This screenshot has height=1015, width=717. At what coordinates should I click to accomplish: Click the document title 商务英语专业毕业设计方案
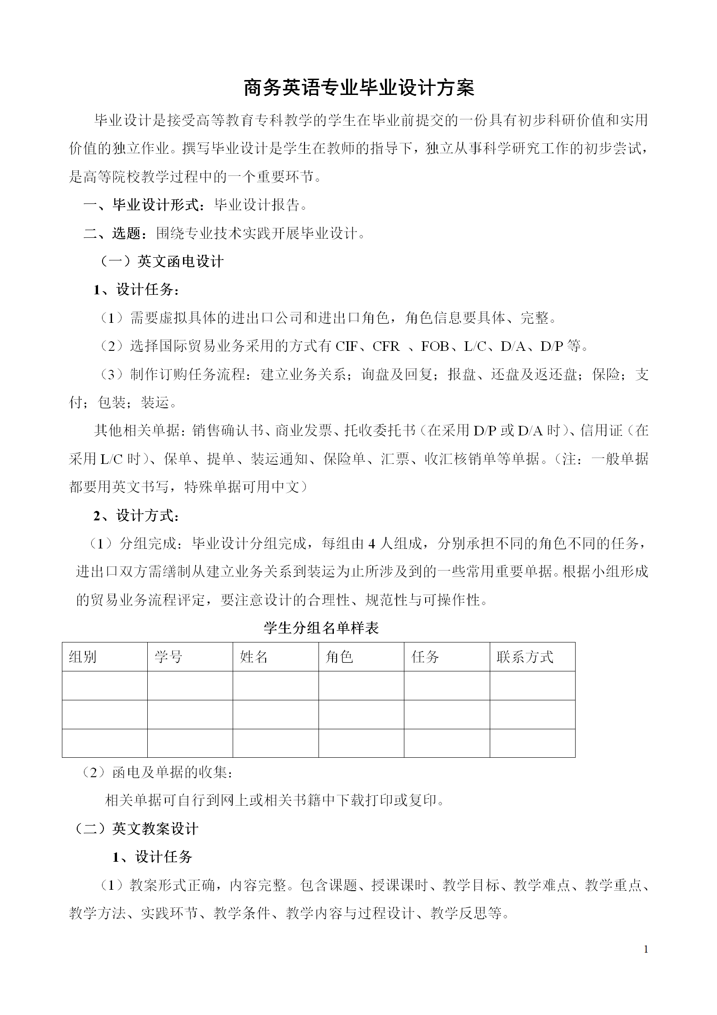tap(359, 88)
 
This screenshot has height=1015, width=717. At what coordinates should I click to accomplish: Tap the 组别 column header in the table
tap(83, 656)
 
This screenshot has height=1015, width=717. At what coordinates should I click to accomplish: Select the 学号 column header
tap(168, 656)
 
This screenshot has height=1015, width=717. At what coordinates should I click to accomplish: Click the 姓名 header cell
tap(253, 656)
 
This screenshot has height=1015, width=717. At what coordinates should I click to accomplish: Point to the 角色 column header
tap(339, 656)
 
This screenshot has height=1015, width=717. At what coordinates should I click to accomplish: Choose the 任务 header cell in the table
tap(425, 656)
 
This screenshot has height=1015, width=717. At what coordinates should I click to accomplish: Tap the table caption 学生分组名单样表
tap(321, 628)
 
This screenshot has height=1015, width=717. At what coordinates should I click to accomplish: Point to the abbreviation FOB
tap(435, 346)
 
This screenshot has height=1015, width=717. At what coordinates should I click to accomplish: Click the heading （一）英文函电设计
tap(162, 262)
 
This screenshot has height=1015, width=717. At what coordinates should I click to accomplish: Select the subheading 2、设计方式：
tap(136, 515)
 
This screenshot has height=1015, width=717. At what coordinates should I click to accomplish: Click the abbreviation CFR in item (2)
tap(386, 346)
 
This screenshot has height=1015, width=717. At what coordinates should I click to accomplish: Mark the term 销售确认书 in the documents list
tap(228, 430)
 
